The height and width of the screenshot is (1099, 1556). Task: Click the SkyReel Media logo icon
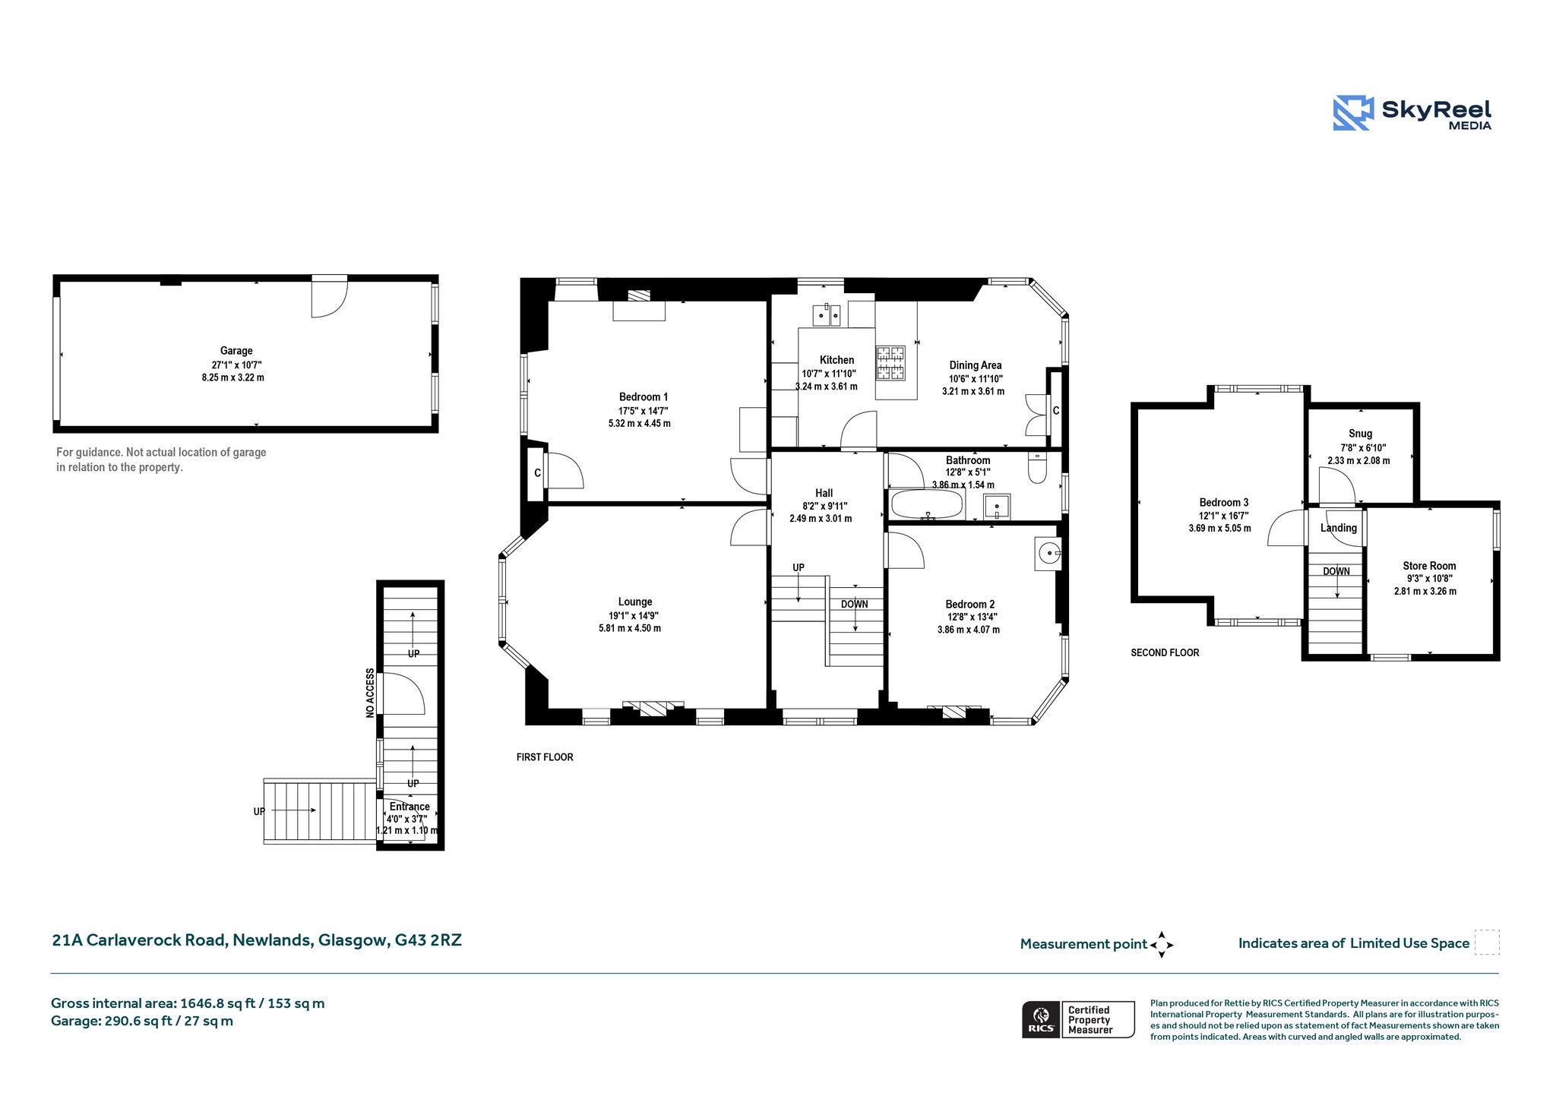pos(1353,113)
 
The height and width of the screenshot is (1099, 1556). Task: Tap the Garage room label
pos(236,351)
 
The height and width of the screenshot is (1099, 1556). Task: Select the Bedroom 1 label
pos(644,396)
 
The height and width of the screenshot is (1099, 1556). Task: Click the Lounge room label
pos(635,602)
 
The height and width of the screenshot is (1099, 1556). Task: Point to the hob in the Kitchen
pos(891,363)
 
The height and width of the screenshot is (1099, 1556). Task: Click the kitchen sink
pos(826,314)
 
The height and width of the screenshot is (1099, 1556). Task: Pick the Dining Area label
pos(976,365)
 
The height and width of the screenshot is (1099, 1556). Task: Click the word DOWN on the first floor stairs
pos(855,605)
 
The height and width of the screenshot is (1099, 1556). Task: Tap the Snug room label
pos(1360,434)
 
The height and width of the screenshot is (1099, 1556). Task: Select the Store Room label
pos(1429,566)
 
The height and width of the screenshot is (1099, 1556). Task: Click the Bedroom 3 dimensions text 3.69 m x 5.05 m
pos(1220,529)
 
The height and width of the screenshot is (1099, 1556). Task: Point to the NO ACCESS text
pos(370,693)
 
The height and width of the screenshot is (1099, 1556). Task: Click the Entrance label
pos(410,807)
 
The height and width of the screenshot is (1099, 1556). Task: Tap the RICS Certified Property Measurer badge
pos(1078,1019)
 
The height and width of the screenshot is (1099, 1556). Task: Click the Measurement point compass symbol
pos(1162,945)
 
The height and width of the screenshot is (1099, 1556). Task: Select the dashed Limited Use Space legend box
pos(1487,942)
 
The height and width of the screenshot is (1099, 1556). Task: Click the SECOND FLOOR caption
pos(1165,652)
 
